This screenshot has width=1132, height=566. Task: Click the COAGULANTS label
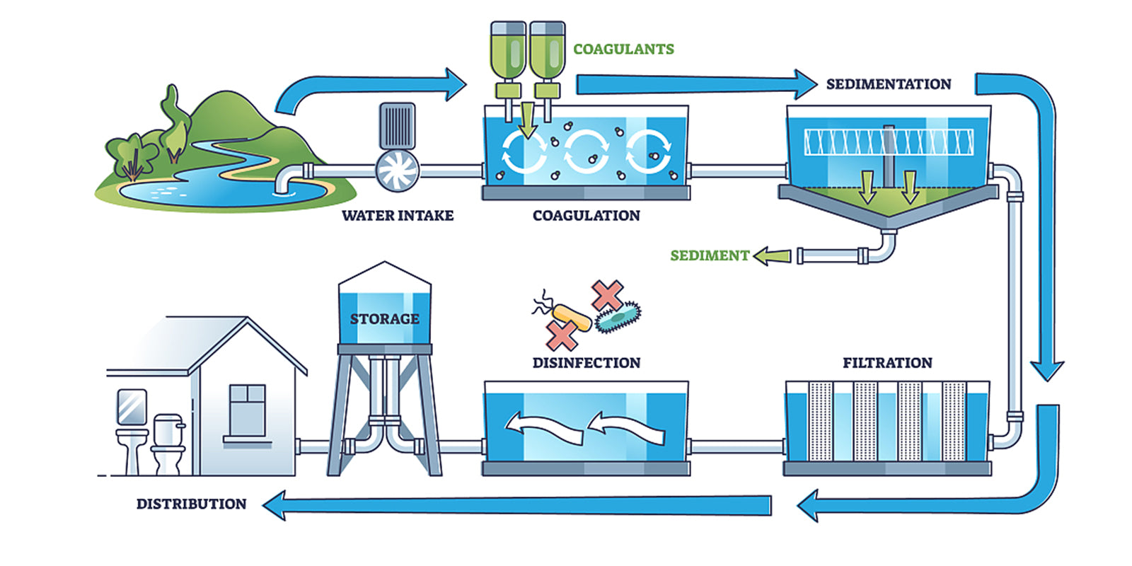623,49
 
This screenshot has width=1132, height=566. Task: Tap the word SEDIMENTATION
889,84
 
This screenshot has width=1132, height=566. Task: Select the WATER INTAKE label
398,216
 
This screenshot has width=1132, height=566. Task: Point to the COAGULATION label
586,216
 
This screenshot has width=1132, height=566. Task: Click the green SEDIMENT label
709,255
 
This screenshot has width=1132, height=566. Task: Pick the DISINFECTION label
586,363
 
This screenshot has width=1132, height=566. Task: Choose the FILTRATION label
887,363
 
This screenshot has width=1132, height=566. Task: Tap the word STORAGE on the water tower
384,319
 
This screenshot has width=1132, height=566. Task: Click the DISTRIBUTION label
191,504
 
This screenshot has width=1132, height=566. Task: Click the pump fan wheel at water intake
398,171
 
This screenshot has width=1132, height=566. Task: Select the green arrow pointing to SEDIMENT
772,255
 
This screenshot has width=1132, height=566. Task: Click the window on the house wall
247,410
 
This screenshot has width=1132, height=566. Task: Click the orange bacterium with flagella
572,317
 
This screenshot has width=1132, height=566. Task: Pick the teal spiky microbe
618,316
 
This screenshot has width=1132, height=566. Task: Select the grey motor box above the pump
398,125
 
